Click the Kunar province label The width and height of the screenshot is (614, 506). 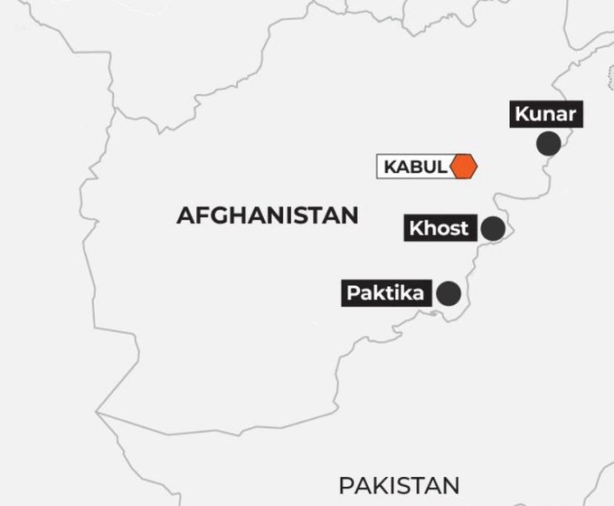click(545, 115)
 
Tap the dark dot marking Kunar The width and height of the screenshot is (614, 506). click(548, 143)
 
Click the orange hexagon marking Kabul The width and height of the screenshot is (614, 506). click(463, 167)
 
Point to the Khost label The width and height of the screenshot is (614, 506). click(439, 228)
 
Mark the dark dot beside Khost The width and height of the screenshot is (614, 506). click(493, 228)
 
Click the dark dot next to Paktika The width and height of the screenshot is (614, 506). click(449, 293)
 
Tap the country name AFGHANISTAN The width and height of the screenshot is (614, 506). click(268, 215)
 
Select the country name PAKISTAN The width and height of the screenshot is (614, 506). click(399, 485)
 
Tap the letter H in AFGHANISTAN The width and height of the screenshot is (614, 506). click(234, 215)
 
